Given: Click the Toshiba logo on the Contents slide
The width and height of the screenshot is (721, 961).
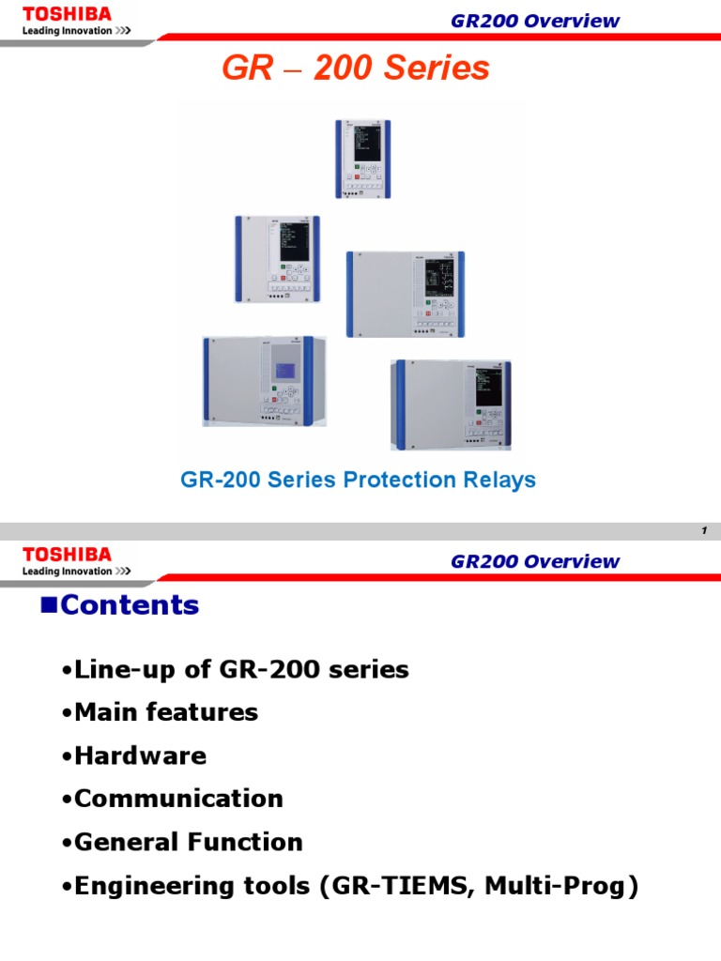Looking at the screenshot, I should pyautogui.click(x=67, y=555).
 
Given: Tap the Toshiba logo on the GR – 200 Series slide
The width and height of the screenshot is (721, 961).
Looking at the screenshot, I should pyautogui.click(x=67, y=14).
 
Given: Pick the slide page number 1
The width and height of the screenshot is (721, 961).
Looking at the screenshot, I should pyautogui.click(x=703, y=531).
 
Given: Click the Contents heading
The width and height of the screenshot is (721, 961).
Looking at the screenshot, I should pyautogui.click(x=130, y=605).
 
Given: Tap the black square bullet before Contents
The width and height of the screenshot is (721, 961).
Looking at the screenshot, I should pyautogui.click(x=49, y=604).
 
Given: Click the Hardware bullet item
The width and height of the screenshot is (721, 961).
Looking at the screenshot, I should pyautogui.click(x=140, y=755).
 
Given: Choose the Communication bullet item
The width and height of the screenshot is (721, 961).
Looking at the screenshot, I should pyautogui.click(x=178, y=799).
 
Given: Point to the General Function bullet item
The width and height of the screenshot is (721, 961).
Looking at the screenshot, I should pyautogui.click(x=188, y=842).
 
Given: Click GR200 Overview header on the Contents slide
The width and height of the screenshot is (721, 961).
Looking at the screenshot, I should pyautogui.click(x=535, y=561).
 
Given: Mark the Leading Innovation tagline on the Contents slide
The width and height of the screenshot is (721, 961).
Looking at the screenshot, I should pyautogui.click(x=76, y=571).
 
